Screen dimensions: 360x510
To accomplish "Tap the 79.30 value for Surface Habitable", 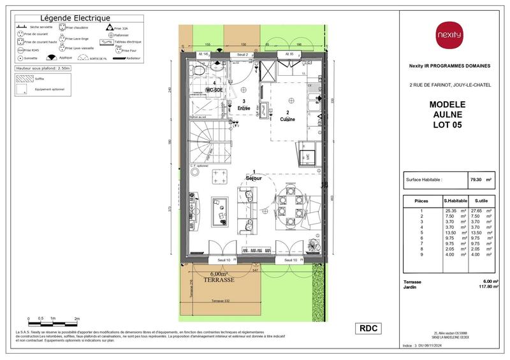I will click(475, 180).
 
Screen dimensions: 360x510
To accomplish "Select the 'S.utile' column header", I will click(481, 201).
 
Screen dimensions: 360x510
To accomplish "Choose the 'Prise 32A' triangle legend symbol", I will click(109, 28).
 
